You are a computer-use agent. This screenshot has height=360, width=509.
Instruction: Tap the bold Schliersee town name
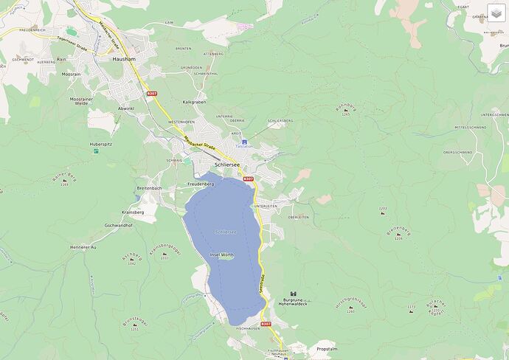(227, 165)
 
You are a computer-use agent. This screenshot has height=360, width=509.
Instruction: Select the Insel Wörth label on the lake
(223, 255)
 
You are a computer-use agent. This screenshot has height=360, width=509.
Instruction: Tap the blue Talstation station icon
(245, 141)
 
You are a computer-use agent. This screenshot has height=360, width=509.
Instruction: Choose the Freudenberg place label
(200, 184)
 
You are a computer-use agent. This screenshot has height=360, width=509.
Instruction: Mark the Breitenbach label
(150, 188)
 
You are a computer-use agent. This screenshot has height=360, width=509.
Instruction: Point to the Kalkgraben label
(194, 102)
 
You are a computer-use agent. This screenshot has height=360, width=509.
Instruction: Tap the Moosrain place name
(72, 75)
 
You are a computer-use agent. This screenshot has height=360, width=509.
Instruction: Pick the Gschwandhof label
(119, 225)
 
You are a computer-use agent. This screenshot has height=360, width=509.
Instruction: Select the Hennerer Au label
(83, 246)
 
